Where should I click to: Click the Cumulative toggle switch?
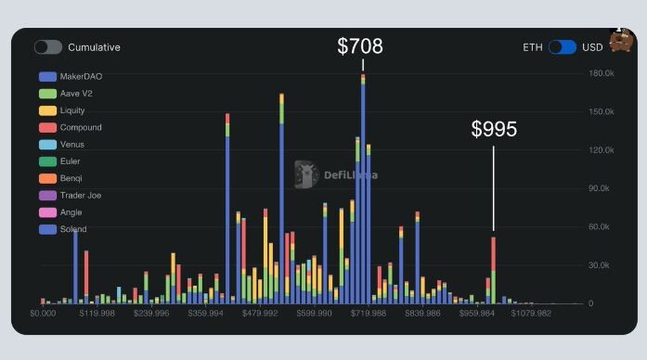(48, 47)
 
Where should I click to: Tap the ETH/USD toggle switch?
(563, 47)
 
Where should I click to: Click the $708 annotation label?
(360, 45)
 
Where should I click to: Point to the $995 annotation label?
(494, 129)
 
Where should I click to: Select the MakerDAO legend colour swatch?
(47, 77)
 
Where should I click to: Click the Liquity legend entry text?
(72, 110)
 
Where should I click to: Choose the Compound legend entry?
(71, 127)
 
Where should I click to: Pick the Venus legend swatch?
(47, 145)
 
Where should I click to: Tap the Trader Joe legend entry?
(71, 196)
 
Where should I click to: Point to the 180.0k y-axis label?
(602, 73)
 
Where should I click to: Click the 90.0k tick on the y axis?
(599, 188)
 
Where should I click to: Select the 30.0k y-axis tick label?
(599, 265)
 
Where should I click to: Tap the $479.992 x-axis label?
(260, 314)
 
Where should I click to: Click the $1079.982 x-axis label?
(531, 314)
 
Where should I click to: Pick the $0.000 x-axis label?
(43, 314)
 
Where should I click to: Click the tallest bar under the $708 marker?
(363, 189)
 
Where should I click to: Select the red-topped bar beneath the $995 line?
(494, 271)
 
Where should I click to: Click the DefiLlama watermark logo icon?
(306, 174)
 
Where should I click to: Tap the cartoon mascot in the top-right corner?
(621, 40)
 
